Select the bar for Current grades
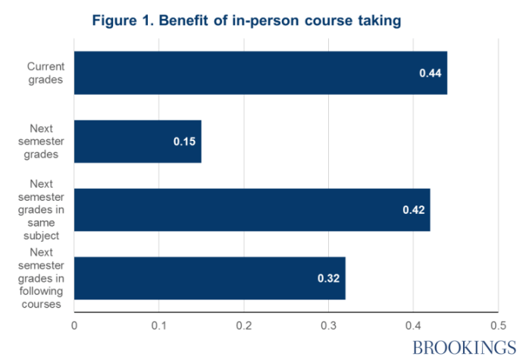[x=260, y=73]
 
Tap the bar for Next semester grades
[x=137, y=142]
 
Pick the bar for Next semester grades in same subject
[x=252, y=210]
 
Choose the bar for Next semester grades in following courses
[x=209, y=278]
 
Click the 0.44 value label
[x=430, y=74]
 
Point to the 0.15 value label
[x=184, y=142]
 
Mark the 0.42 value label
[x=413, y=210]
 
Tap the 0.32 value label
[x=328, y=279]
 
